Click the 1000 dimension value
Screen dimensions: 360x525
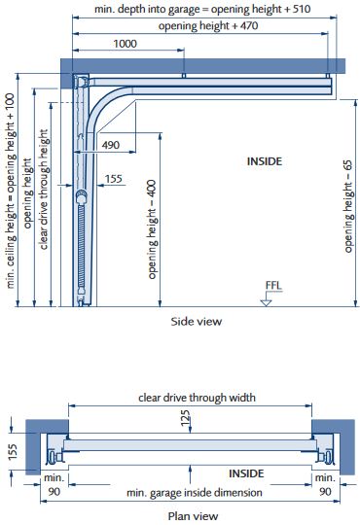tap(126, 44)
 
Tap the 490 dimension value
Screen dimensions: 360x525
tap(111, 145)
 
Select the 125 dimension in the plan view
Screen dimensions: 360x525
tap(186, 418)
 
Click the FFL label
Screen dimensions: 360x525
tap(273, 286)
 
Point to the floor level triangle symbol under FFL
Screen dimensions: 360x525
tap(266, 302)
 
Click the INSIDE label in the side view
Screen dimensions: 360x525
tap(265, 161)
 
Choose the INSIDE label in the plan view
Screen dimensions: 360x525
tap(246, 473)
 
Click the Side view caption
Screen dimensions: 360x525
tap(197, 322)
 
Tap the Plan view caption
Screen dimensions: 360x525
tap(193, 516)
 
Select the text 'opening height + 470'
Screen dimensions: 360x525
tap(208, 26)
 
